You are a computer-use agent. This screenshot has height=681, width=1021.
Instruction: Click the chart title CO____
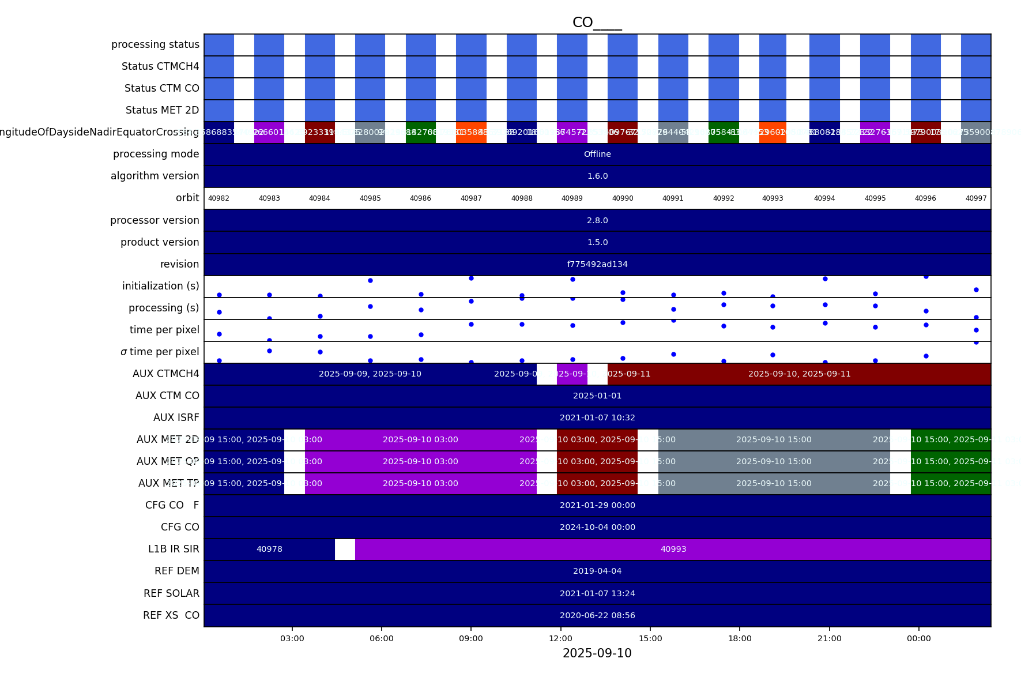tap(597, 22)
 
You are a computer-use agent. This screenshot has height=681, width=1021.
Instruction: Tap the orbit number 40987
tap(471, 198)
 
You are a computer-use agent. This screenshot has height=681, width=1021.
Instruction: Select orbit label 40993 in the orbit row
tap(773, 198)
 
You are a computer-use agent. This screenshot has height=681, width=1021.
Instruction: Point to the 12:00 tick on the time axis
tap(560, 638)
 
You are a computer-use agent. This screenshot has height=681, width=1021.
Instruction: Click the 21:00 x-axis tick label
tap(829, 638)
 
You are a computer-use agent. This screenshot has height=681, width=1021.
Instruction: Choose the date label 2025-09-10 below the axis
tap(597, 653)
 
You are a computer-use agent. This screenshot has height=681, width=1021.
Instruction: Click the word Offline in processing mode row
tap(597, 154)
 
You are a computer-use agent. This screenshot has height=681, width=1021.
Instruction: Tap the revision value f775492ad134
tap(597, 264)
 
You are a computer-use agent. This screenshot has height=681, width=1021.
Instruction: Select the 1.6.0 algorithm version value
tap(597, 176)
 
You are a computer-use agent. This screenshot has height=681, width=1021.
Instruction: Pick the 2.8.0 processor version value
tap(597, 220)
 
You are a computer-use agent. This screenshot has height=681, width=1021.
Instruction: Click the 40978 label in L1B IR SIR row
tap(269, 549)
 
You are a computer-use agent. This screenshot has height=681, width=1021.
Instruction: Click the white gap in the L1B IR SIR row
tap(345, 549)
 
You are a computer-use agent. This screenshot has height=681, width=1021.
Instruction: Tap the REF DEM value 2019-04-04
tap(597, 571)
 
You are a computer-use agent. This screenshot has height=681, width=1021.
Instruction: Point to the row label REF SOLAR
tap(171, 593)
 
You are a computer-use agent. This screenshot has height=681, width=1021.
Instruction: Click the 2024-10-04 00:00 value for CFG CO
tap(597, 527)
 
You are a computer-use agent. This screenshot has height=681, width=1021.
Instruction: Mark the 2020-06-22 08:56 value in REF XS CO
tap(597, 615)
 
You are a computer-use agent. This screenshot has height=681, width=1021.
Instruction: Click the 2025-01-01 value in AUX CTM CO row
tap(597, 396)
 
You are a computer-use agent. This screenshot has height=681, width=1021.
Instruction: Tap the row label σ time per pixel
tap(160, 352)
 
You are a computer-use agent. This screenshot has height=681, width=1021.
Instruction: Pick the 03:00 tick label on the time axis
tap(292, 638)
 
